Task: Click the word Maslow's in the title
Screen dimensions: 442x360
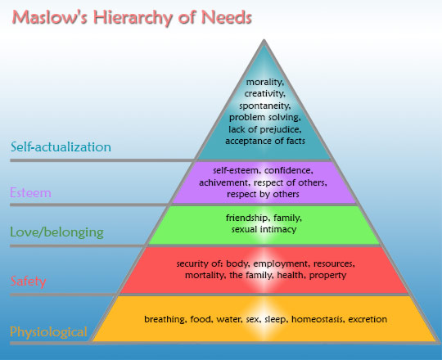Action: [x=50, y=17]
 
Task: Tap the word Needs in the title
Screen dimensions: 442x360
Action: [x=226, y=17]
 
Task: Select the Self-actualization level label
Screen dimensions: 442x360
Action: [x=61, y=146]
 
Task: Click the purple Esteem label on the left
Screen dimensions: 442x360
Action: [x=31, y=192]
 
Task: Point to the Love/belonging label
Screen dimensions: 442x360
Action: [x=57, y=232]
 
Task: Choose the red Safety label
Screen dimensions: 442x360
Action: [x=28, y=281]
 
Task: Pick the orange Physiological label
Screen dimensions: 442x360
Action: [x=48, y=332]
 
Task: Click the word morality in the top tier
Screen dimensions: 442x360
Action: [x=265, y=83]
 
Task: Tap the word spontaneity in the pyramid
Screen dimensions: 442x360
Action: [x=265, y=106]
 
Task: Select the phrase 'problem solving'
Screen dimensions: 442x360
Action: [x=265, y=118]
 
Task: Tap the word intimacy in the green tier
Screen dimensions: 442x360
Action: [x=278, y=230]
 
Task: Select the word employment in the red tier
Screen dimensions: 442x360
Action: [x=281, y=264]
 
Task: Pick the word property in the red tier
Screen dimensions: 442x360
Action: [x=328, y=275]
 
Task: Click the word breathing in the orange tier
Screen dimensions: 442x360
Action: [x=165, y=319]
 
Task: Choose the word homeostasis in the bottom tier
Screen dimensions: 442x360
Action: [x=318, y=319]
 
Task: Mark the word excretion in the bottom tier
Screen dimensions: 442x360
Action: [x=368, y=319]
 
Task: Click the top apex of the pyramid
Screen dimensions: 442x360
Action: [x=264, y=40]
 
